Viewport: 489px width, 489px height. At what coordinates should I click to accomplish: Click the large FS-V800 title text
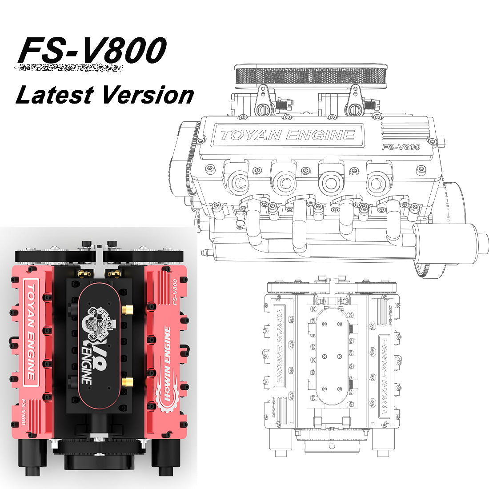[x=92, y=50]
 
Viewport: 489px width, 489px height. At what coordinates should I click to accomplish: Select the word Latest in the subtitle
[x=54, y=95]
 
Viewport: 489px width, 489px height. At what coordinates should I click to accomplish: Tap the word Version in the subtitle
[x=148, y=95]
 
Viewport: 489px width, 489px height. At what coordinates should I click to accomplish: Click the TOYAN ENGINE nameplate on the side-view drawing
[x=288, y=135]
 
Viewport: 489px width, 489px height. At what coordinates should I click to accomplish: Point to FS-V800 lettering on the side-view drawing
[x=401, y=147]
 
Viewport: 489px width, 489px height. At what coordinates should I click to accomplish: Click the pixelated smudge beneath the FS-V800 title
[x=69, y=68]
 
